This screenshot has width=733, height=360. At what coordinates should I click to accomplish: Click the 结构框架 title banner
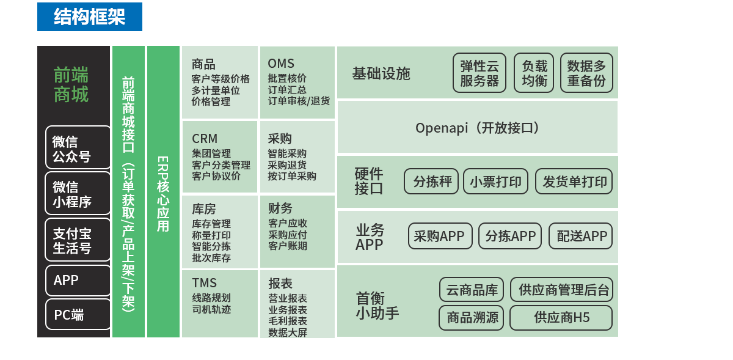pos(90,17)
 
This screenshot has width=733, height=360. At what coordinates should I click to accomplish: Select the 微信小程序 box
pos(78,194)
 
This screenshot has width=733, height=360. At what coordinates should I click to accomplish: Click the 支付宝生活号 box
pos(78,240)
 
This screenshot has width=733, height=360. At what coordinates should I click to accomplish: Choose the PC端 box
pos(78,315)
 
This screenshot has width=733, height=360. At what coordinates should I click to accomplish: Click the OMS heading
pos(281,64)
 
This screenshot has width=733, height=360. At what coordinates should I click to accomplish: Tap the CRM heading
pos(205,139)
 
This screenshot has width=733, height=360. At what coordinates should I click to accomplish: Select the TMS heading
pos(204,283)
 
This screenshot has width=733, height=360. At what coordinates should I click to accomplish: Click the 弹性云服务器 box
pos(480,73)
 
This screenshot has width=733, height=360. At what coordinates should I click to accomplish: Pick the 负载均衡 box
pos(534,73)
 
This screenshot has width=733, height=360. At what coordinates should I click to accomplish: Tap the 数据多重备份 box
pos(586,73)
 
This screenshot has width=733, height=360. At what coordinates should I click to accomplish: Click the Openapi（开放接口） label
pos(477,128)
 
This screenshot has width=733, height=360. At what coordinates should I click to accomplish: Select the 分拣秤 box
pos(431,182)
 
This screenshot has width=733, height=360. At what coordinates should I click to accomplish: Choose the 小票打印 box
pos(495,182)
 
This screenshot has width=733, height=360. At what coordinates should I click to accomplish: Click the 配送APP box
pos(580,237)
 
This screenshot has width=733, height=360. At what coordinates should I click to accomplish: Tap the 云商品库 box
pos(472,290)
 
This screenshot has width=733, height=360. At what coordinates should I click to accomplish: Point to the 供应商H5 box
pos(561,318)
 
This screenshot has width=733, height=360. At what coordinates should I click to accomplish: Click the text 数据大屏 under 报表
pos(288,332)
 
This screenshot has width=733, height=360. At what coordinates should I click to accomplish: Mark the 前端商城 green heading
pos(71,84)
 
